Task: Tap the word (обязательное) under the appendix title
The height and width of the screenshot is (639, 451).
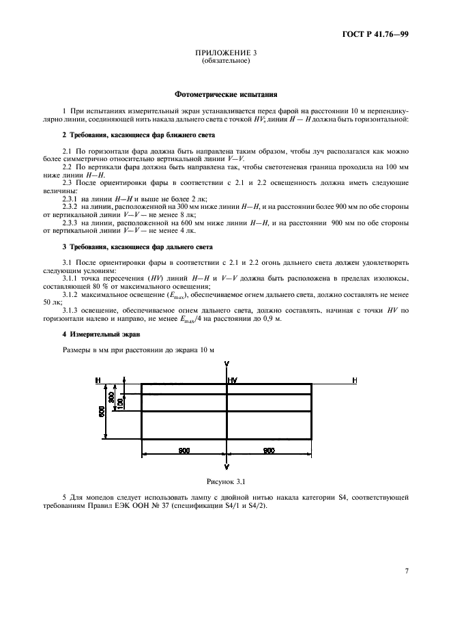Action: click(226, 61)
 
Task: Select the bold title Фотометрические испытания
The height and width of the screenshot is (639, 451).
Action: click(226, 96)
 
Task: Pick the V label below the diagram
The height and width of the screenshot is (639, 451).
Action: click(227, 466)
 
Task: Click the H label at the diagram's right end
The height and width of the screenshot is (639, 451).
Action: click(354, 380)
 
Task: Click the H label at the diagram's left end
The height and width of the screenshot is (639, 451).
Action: click(98, 380)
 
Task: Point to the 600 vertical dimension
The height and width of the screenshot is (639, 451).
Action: click(102, 411)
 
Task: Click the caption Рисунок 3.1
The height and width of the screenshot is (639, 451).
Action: click(226, 482)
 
